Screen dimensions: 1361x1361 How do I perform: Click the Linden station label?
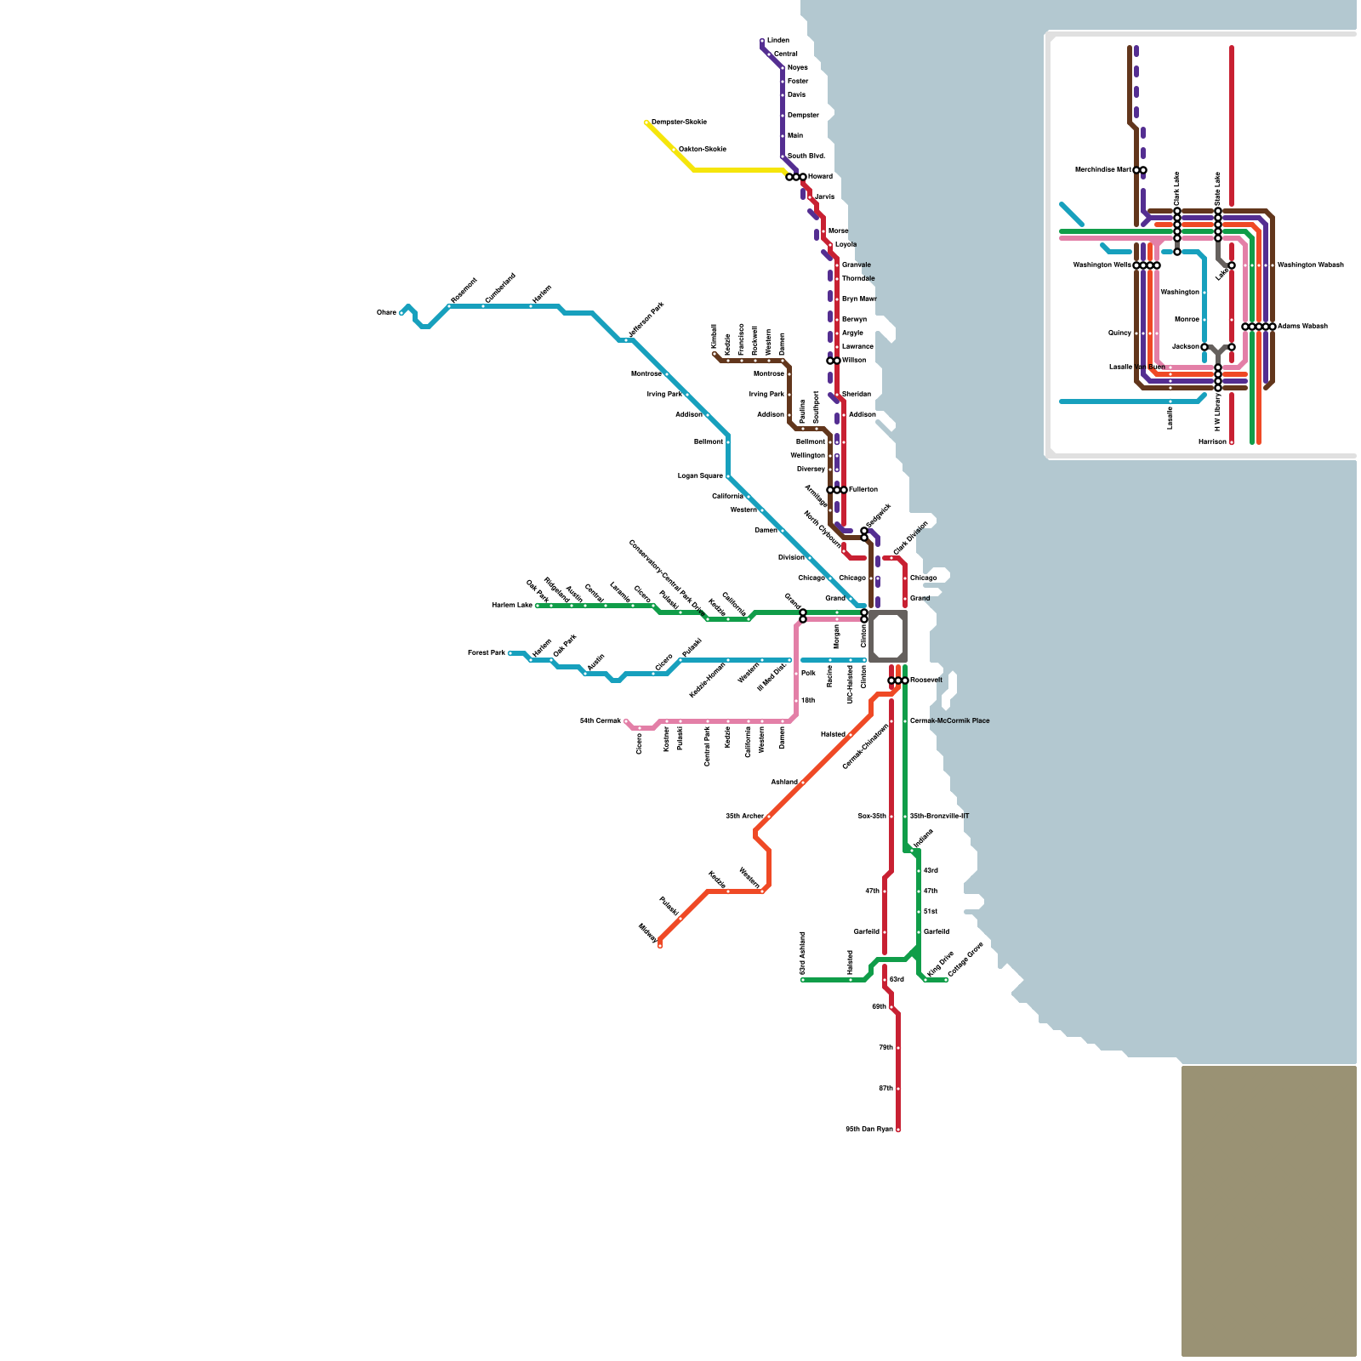click(x=778, y=41)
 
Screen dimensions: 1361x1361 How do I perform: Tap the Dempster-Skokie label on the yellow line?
click(x=679, y=122)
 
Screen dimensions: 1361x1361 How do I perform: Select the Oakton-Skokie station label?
click(x=703, y=150)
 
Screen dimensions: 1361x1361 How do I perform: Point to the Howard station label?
click(x=820, y=177)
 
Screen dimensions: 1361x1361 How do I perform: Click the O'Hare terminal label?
click(x=386, y=313)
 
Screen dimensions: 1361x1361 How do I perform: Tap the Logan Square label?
click(x=700, y=476)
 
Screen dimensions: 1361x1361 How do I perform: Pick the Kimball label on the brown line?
click(x=714, y=335)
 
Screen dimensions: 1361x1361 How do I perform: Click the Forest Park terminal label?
click(x=486, y=653)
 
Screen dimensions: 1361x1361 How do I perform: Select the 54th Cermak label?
click(x=601, y=721)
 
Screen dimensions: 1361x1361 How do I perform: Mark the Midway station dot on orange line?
click(x=660, y=945)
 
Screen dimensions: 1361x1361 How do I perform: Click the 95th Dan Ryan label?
click(x=869, y=1130)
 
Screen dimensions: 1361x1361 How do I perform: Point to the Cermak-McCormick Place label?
click(x=949, y=721)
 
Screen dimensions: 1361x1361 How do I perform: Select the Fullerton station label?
click(x=863, y=490)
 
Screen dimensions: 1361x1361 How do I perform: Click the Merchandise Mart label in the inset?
click(x=1103, y=170)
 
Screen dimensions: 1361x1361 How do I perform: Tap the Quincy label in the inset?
click(x=1119, y=333)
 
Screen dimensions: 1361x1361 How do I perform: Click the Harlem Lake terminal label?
click(x=512, y=606)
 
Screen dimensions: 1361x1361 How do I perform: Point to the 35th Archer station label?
click(x=744, y=817)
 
